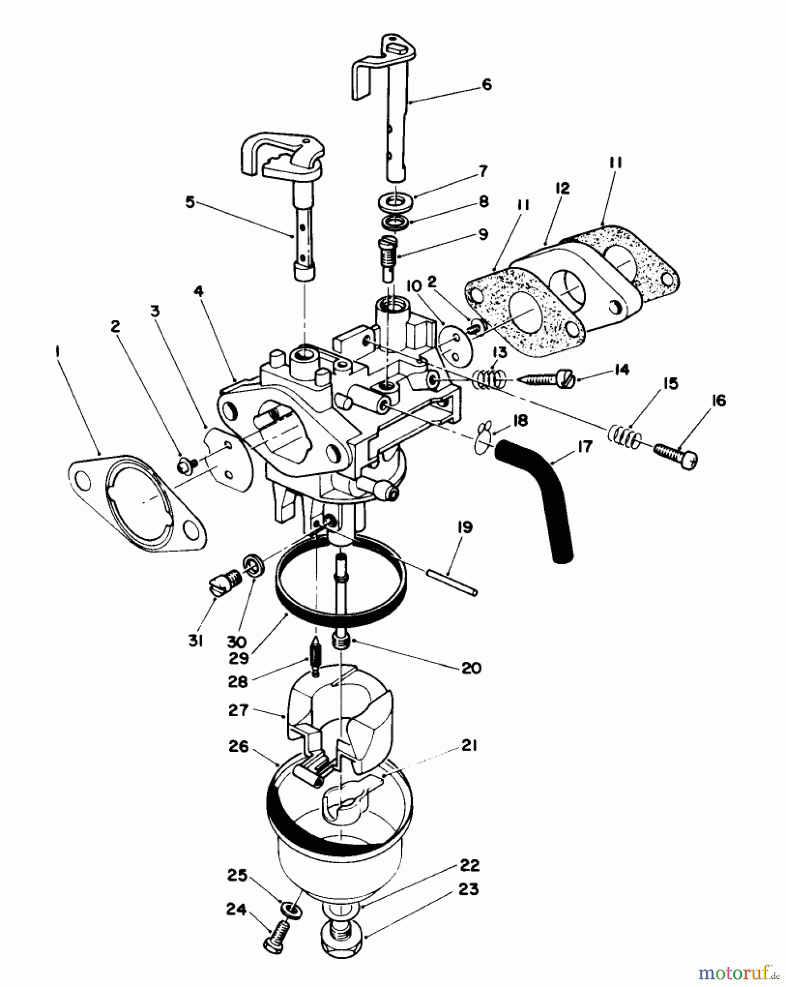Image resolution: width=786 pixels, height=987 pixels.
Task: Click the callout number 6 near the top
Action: click(487, 84)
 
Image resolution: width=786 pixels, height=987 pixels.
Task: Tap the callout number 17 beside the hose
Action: click(584, 447)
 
